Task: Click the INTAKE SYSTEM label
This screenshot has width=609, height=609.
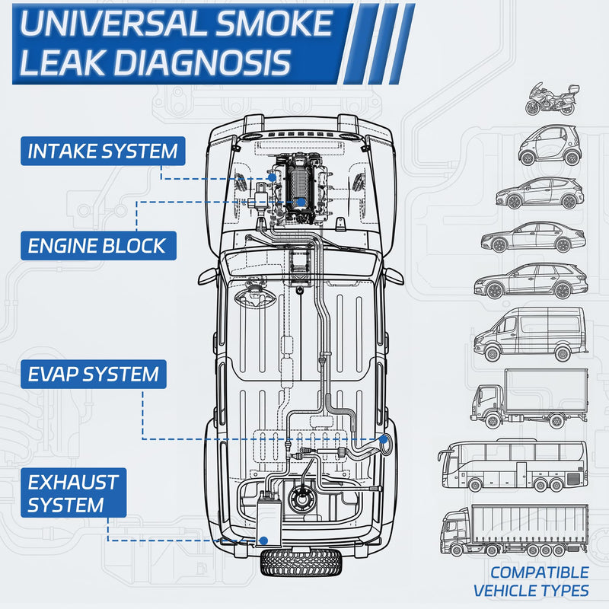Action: coord(103,151)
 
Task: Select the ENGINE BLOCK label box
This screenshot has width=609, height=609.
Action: coord(98,246)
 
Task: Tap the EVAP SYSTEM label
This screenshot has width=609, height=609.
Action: coord(94,375)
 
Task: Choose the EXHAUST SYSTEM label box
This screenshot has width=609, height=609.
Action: coord(73,493)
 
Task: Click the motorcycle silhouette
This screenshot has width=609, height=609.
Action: coord(552,99)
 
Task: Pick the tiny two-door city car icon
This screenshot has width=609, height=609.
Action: coord(550,145)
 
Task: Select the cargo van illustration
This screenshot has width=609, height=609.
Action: coord(530,335)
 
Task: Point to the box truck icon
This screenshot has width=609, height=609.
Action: coord(529,399)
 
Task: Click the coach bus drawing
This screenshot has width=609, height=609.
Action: coord(512,466)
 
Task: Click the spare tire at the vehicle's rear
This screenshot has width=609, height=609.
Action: coord(301,563)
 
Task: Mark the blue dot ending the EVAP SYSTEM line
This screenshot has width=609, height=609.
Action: coord(384,440)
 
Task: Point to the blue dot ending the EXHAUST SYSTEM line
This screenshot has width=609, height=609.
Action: coord(263,540)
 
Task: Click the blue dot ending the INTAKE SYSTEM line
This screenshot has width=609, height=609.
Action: coord(273,178)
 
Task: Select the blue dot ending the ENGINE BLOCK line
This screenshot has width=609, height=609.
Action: coord(301,202)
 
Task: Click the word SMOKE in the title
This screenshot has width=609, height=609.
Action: coord(274,24)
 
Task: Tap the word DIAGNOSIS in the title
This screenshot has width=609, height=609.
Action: coord(202,62)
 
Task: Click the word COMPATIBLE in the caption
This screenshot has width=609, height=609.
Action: coord(539,572)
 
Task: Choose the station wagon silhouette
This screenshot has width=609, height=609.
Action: coord(531,281)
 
